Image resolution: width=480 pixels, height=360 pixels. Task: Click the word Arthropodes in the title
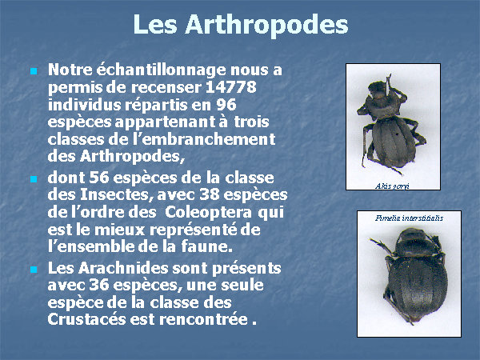pos(266,25)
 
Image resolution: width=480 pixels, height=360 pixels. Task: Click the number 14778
pos(231,87)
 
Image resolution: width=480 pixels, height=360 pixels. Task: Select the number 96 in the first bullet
pos(226,105)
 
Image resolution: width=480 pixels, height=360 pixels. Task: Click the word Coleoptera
pos(208,213)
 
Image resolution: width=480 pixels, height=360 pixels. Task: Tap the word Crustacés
pos(86,319)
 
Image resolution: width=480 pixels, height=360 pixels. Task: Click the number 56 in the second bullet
pos(99,178)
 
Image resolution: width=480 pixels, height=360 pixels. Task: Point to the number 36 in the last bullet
pos(99,285)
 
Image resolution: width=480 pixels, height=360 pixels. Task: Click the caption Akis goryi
pos(392,186)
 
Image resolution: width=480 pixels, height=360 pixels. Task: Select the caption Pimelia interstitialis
pos(409,218)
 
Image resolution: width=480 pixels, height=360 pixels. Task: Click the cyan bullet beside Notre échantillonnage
pos(34,72)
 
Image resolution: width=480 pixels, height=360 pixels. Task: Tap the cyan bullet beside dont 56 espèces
pos(34,179)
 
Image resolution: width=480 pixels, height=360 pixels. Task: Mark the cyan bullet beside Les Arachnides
pos(34,270)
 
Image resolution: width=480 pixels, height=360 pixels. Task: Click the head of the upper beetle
pos(377,89)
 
